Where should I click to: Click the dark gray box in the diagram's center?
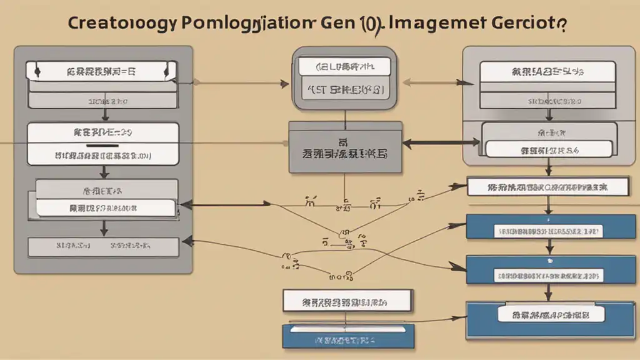click(344, 147)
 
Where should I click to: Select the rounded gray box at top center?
click(344, 79)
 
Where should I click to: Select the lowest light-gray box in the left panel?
click(102, 246)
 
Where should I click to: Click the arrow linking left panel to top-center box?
click(241, 81)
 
